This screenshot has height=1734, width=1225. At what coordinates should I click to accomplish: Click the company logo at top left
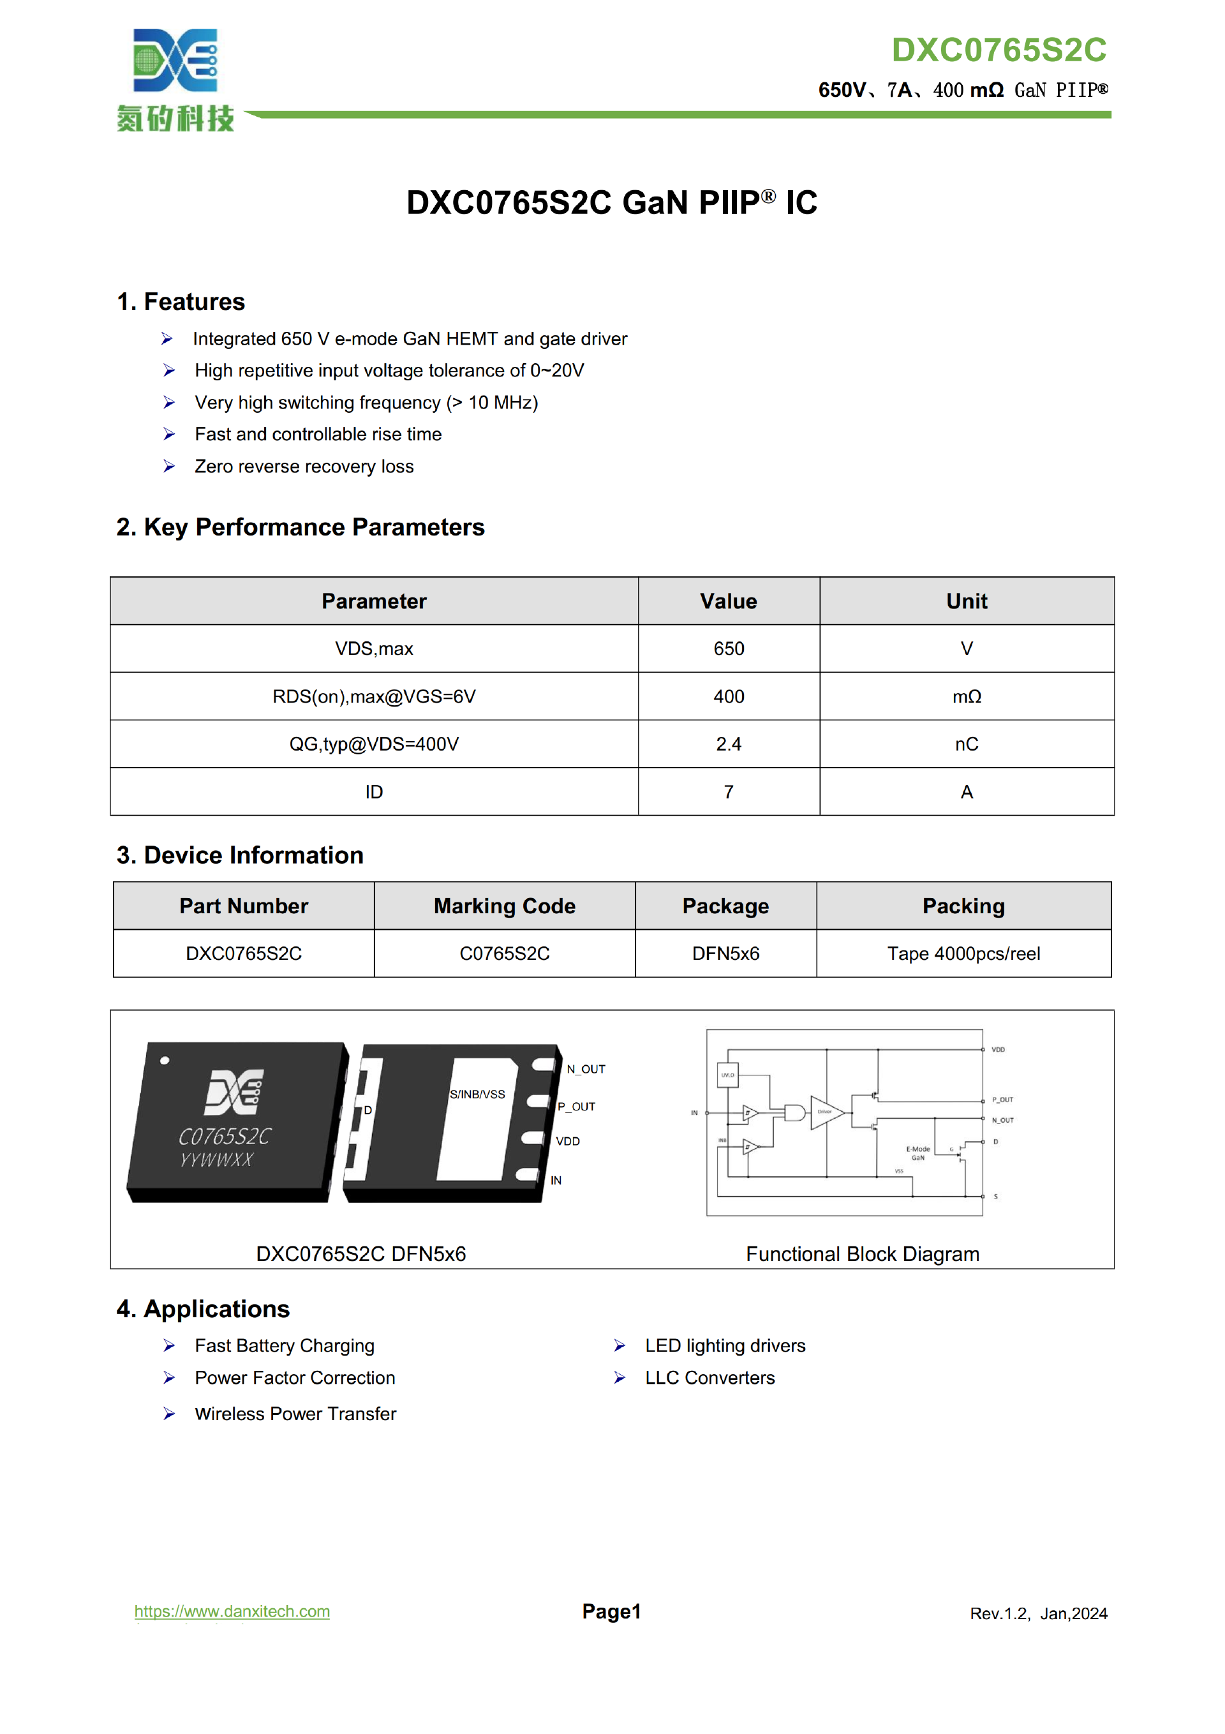175,79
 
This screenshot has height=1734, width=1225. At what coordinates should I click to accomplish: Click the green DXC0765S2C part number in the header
999,50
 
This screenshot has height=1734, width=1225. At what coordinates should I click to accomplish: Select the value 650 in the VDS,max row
728,649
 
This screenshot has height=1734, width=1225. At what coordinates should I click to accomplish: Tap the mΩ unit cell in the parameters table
966,696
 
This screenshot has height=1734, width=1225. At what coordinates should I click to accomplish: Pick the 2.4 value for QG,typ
728,744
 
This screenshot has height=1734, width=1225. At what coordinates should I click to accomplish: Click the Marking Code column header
504,906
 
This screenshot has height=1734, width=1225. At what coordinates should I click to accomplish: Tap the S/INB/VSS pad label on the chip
477,1095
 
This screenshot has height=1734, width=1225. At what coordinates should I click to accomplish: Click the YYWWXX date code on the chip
216,1159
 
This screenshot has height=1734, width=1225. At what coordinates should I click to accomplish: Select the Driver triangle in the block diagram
826,1112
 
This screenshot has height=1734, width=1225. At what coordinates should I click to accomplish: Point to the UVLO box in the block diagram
727,1075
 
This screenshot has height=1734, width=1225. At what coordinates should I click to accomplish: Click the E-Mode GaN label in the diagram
917,1153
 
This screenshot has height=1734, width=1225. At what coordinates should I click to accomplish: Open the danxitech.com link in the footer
232,1611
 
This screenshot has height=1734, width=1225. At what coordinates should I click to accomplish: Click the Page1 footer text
611,1611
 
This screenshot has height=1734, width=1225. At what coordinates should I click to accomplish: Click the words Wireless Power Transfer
295,1414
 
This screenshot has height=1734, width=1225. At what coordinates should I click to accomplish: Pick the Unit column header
966,601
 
